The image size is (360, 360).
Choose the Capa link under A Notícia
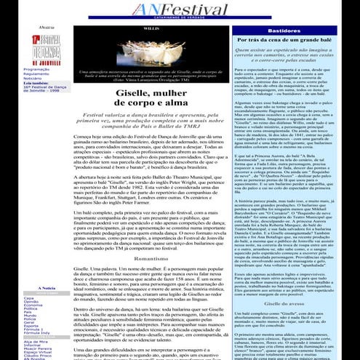coord(30,297)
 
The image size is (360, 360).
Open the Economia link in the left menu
coord(33,305)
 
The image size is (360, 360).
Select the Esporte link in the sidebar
coord(32,325)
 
